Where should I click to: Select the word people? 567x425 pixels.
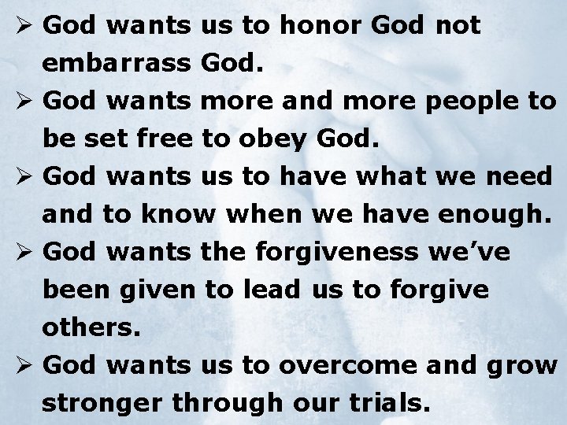click(463, 102)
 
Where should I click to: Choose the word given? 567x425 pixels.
click(162, 290)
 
